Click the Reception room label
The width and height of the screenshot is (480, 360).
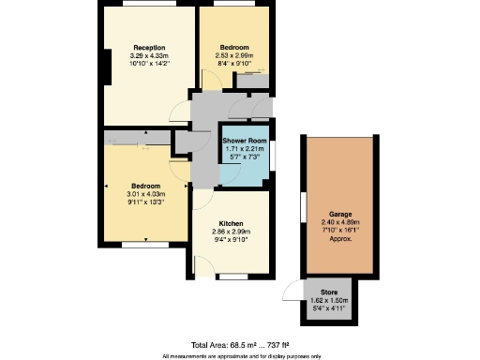coord(149,47)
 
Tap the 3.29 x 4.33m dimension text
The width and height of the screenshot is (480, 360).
coord(149,55)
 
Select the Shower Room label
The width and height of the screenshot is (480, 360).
coord(244,141)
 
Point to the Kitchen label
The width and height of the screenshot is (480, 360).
coord(231,223)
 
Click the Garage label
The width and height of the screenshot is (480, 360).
coord(339,214)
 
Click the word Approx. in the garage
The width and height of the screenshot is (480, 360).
coord(339,238)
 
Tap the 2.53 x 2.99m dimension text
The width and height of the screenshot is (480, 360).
coord(234,55)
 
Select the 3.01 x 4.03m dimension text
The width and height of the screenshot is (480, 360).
coord(145,194)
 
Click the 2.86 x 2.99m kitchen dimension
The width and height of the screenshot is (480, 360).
coord(231,232)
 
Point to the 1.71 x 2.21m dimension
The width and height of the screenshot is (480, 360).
coord(244,149)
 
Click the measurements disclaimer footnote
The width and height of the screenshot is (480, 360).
coord(241,356)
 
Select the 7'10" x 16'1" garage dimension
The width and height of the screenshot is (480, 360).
coord(339,230)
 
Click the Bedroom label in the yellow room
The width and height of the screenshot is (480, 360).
coord(145,186)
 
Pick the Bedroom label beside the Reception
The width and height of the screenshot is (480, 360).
coord(234,47)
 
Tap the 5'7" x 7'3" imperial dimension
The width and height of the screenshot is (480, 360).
coord(244,157)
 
